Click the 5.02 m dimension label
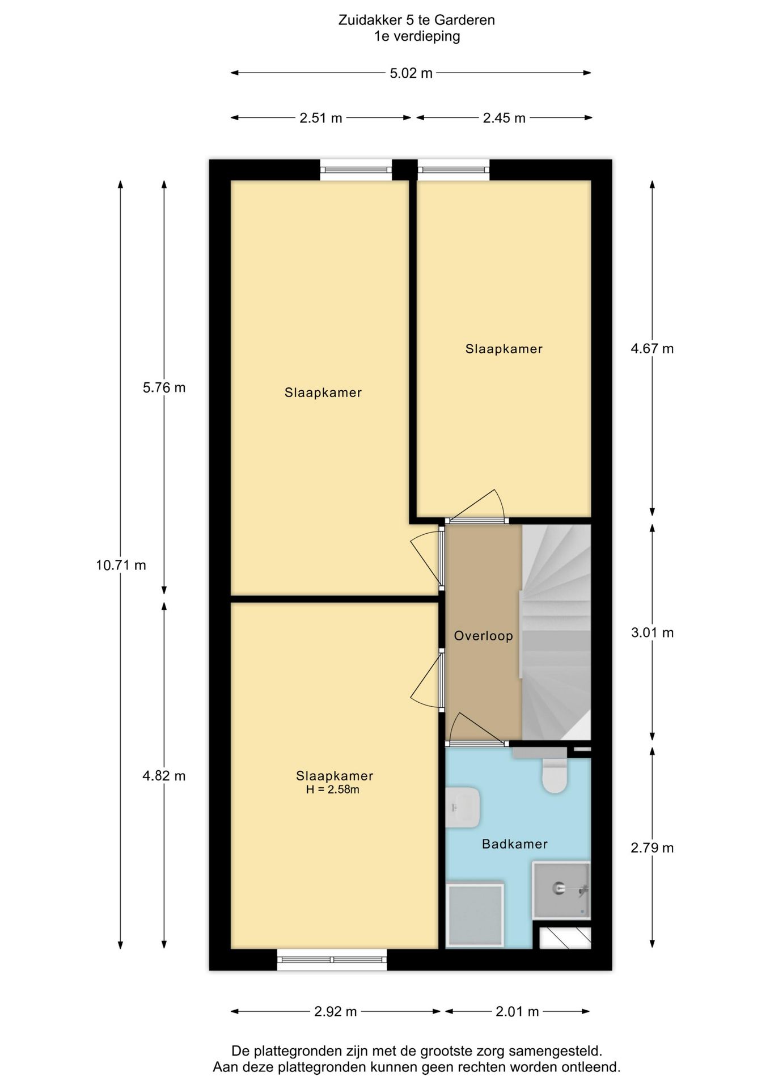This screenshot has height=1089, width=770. click(x=411, y=73)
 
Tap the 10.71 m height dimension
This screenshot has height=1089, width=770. click(x=121, y=565)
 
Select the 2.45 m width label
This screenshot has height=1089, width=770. click(x=504, y=118)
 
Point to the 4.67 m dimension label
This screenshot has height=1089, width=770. click(x=652, y=348)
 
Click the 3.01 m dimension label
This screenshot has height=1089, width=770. click(x=652, y=632)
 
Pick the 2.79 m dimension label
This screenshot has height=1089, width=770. click(x=652, y=848)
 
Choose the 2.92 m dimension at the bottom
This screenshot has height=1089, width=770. click(x=336, y=1011)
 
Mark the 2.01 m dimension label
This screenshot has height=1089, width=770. click(x=517, y=1011)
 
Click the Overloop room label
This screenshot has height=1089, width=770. click(x=483, y=636)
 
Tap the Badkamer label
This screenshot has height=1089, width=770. click(x=515, y=844)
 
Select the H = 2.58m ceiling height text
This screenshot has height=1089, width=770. click(x=333, y=790)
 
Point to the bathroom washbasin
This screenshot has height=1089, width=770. click(x=463, y=807)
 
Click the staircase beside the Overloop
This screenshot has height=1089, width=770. click(x=556, y=632)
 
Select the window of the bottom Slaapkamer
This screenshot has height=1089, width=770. click(x=332, y=960)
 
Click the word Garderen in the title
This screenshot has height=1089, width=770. click(x=464, y=20)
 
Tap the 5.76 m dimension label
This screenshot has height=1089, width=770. click(x=164, y=388)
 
